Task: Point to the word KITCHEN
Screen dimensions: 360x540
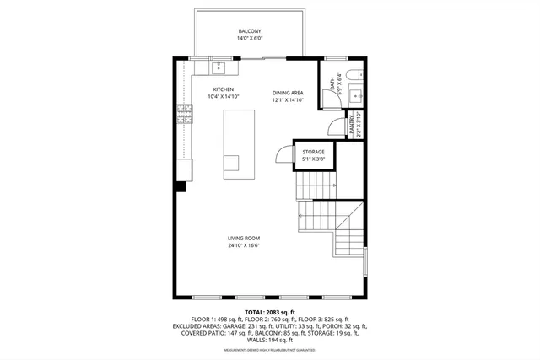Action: (x=223, y=89)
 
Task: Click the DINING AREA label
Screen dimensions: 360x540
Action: (x=287, y=92)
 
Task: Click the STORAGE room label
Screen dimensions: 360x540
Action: (x=314, y=152)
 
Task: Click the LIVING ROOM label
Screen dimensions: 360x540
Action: (x=242, y=239)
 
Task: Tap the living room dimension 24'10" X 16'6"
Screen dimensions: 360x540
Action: (x=242, y=246)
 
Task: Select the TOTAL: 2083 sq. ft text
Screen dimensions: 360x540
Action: (x=267, y=312)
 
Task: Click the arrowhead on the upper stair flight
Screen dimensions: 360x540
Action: (x=334, y=185)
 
